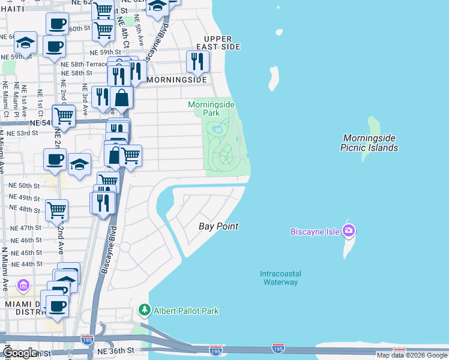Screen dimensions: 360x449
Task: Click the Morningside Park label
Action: point(210,108)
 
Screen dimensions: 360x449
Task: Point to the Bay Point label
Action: point(218,226)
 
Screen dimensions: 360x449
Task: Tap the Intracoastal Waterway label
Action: point(280,278)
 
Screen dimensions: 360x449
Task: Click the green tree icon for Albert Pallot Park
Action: point(144,310)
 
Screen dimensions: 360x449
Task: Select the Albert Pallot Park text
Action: point(186,311)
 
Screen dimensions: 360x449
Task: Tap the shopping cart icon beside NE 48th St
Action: point(56,210)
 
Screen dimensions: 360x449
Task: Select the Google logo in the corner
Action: point(20,353)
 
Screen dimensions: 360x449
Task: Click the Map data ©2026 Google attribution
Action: point(412,355)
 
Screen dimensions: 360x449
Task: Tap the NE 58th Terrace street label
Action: point(88,64)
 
